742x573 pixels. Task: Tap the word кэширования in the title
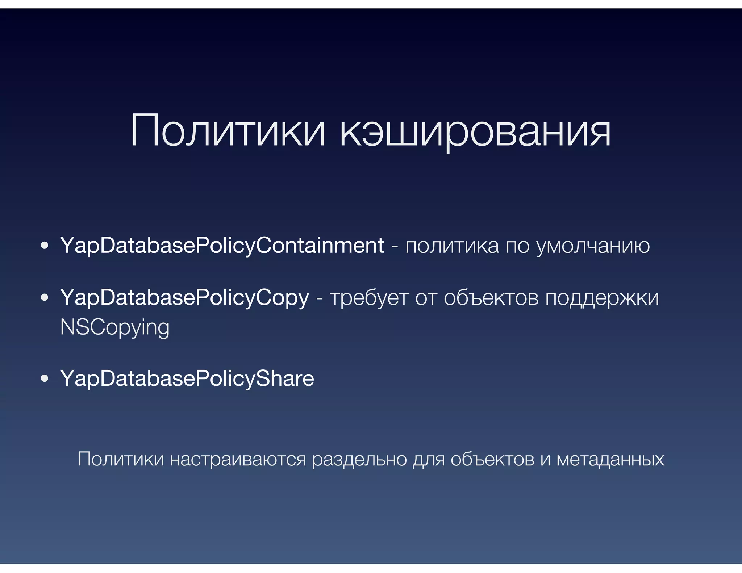[475, 131]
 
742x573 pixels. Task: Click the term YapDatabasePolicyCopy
[185, 298]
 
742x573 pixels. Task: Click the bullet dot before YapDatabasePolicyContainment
[45, 246]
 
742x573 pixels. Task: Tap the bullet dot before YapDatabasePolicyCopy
[45, 298]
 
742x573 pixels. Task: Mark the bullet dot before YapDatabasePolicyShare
[45, 379]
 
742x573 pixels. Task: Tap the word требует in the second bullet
[369, 298]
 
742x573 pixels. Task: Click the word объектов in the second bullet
[491, 298]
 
